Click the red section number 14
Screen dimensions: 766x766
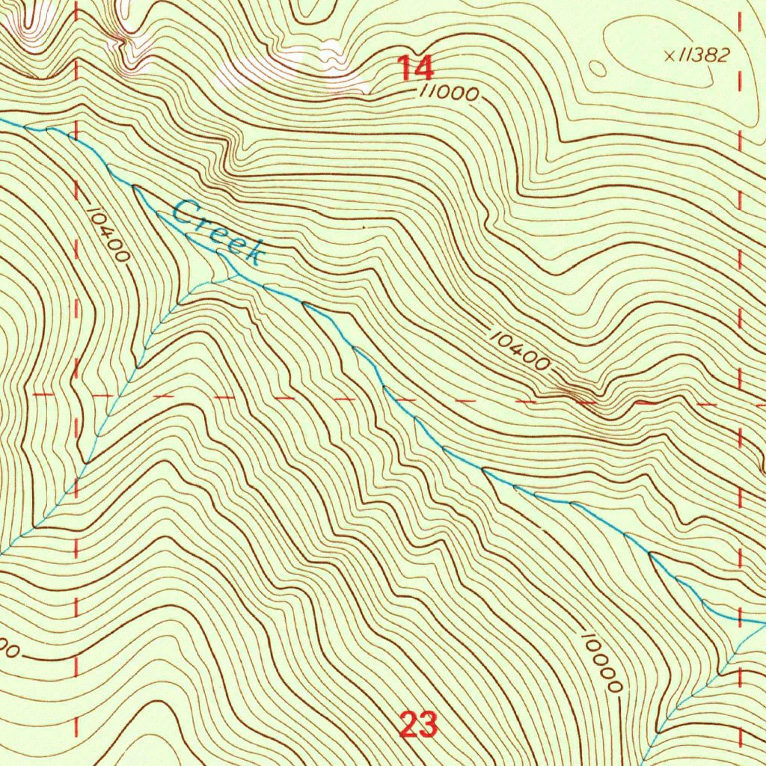pyautogui.click(x=415, y=68)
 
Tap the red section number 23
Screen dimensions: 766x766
pyautogui.click(x=417, y=725)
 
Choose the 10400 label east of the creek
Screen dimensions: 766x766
pyautogui.click(x=520, y=349)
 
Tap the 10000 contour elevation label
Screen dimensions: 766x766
pyautogui.click(x=600, y=663)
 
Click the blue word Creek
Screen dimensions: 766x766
pyautogui.click(x=218, y=233)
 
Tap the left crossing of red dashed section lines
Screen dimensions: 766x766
pyautogui.click(x=77, y=394)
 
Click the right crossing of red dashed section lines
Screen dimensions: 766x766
pyautogui.click(x=741, y=404)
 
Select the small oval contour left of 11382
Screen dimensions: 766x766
pyautogui.click(x=598, y=69)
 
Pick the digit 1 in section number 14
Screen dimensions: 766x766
pyautogui.click(x=405, y=68)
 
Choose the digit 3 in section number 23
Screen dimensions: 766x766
pyautogui.click(x=428, y=725)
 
